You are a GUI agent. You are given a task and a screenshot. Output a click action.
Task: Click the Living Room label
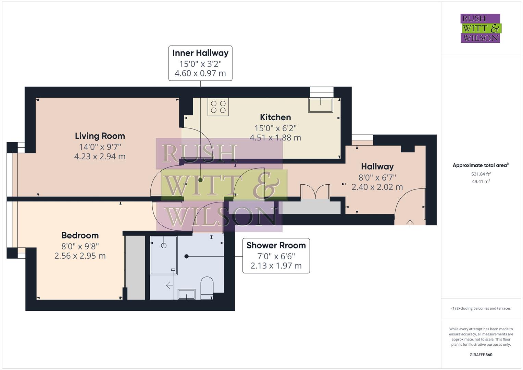coord(100,136)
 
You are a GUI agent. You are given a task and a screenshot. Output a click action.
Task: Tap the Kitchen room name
coord(275,118)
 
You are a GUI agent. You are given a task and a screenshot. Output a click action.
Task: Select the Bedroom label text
coord(80,236)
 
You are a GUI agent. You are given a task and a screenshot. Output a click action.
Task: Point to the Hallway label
coord(377,167)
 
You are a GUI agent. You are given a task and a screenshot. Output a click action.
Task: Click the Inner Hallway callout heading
coord(200,53)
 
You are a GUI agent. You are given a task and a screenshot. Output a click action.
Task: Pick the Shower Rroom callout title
coord(276,246)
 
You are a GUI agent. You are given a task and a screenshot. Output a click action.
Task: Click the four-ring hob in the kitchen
coord(218,107)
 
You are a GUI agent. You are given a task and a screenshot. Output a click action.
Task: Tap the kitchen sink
coord(321,105)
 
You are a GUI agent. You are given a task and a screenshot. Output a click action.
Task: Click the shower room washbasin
coord(187,294)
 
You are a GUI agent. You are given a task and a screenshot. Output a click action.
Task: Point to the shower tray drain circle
coord(164,245)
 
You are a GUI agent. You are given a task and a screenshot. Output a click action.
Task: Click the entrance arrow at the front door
coord(410,223)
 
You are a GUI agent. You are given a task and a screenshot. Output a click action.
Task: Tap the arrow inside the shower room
coord(169,285)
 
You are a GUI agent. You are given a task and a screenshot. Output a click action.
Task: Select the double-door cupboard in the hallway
coord(315,192)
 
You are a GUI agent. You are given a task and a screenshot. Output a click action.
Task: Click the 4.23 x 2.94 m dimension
coord(100,157)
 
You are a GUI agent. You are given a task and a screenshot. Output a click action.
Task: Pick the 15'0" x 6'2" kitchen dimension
coord(275,128)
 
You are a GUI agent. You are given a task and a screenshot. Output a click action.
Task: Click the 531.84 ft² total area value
coord(481,174)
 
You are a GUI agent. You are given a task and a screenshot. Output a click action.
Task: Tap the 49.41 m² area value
coord(481,182)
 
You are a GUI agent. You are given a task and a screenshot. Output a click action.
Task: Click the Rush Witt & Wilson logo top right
coord(480,28)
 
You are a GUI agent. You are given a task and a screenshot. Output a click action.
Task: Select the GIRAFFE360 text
coord(481,355)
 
